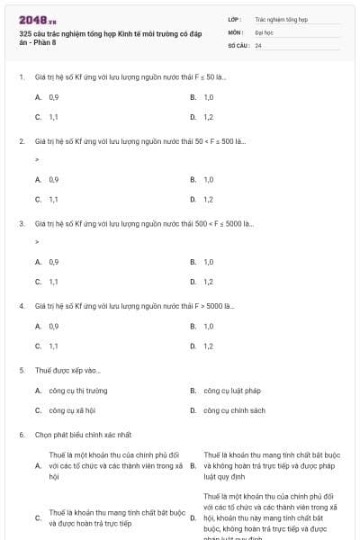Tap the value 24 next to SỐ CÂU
click(258, 44)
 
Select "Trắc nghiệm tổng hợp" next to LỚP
click(281, 18)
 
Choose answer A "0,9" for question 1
click(54, 96)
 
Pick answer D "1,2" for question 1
click(208, 117)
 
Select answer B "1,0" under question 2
click(208, 179)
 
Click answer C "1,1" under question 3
click(54, 282)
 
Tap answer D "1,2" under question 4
click(208, 346)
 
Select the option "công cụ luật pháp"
click(231, 391)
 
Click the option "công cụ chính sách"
click(234, 410)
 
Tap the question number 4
click(22, 306)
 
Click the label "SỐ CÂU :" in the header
click(238, 44)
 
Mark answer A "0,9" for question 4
click(54, 326)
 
